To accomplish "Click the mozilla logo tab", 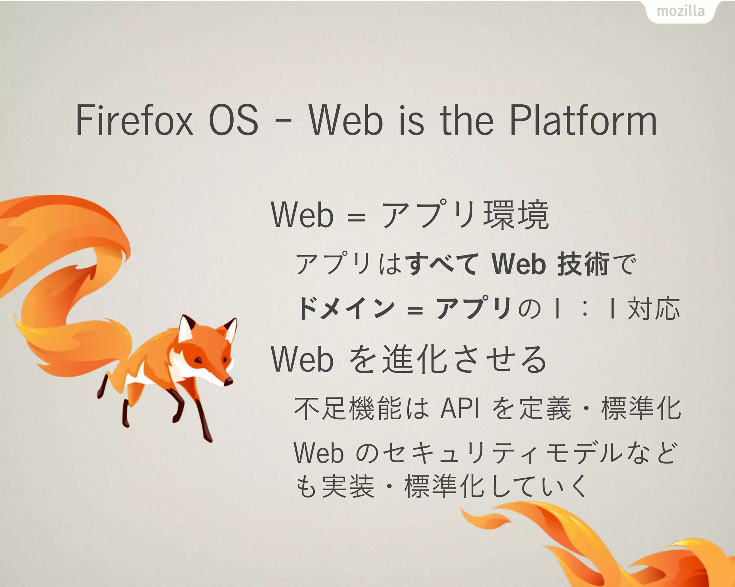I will tap(680, 11).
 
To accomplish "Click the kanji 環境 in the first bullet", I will tap(516, 215).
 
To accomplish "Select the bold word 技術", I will tap(583, 264).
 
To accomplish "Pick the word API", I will tap(460, 409).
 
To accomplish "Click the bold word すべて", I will tap(443, 264).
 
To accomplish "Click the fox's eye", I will tap(198, 360).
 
